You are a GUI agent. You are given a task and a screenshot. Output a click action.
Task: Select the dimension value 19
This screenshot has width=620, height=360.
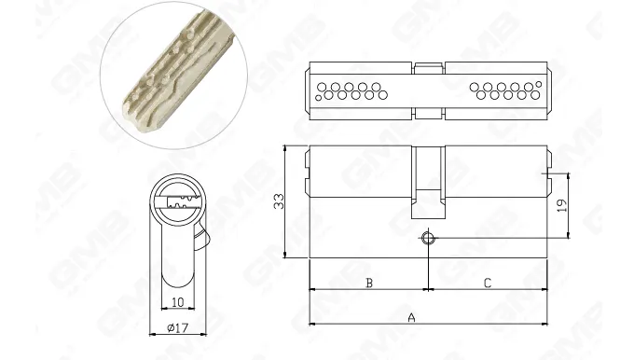(561, 206)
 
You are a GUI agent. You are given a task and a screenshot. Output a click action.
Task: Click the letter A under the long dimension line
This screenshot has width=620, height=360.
(411, 318)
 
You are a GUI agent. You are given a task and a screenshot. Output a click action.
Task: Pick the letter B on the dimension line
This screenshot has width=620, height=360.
(368, 283)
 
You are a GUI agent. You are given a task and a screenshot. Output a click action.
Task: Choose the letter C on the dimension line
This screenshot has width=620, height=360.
(487, 283)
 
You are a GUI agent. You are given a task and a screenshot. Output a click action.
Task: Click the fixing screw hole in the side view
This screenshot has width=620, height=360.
(427, 239)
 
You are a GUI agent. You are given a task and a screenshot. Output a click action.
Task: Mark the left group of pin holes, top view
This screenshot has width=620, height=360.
(351, 90)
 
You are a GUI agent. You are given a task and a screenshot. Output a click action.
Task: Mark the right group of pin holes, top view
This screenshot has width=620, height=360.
(506, 90)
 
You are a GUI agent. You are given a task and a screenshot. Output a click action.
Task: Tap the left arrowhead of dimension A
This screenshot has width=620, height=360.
(311, 324)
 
